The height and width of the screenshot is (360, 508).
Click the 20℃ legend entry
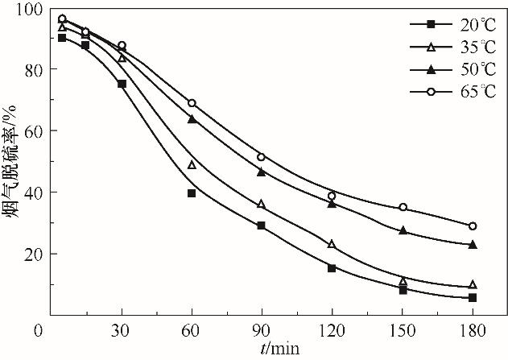tap(443, 23)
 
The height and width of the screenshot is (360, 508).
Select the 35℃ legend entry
tap(443, 46)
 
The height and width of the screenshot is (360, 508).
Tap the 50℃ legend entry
tap(443, 69)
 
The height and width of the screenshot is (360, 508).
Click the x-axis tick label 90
tap(260, 330)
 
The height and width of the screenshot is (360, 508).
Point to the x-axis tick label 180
tap(473, 330)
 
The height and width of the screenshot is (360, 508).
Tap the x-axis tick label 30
tap(122, 330)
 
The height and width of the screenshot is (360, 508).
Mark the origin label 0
tap(38, 330)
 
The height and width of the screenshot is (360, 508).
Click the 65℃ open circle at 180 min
tap(473, 226)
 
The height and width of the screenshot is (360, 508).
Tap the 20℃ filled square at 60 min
tap(192, 193)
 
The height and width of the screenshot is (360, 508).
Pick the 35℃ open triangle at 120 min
tap(332, 244)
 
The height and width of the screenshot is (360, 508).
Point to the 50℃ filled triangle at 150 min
tap(403, 230)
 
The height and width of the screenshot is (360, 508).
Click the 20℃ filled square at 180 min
tap(473, 298)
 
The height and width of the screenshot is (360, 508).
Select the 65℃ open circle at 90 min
tap(261, 157)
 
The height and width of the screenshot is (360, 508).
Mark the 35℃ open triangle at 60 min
tap(192, 165)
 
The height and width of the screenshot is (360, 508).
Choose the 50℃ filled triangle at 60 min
tap(192, 119)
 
